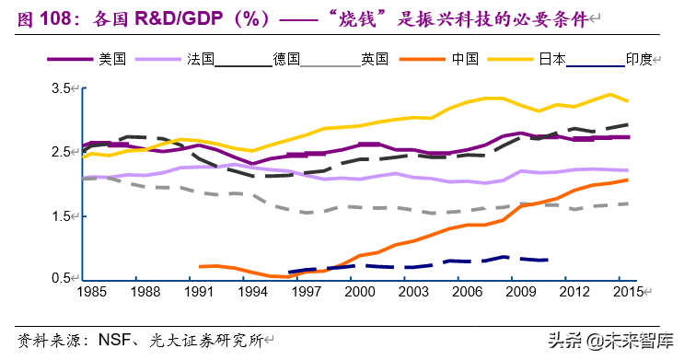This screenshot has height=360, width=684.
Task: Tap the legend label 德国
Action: (286, 59)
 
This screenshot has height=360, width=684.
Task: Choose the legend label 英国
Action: (373, 59)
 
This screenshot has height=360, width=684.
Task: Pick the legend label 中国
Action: (464, 59)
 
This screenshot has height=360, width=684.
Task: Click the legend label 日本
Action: (551, 59)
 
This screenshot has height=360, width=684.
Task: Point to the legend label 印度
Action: (638, 59)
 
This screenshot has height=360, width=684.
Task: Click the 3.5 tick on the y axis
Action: (61, 88)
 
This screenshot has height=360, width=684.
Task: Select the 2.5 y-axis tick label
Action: (61, 152)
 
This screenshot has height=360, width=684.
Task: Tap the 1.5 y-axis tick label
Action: (61, 216)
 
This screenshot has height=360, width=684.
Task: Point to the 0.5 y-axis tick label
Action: (61, 279)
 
